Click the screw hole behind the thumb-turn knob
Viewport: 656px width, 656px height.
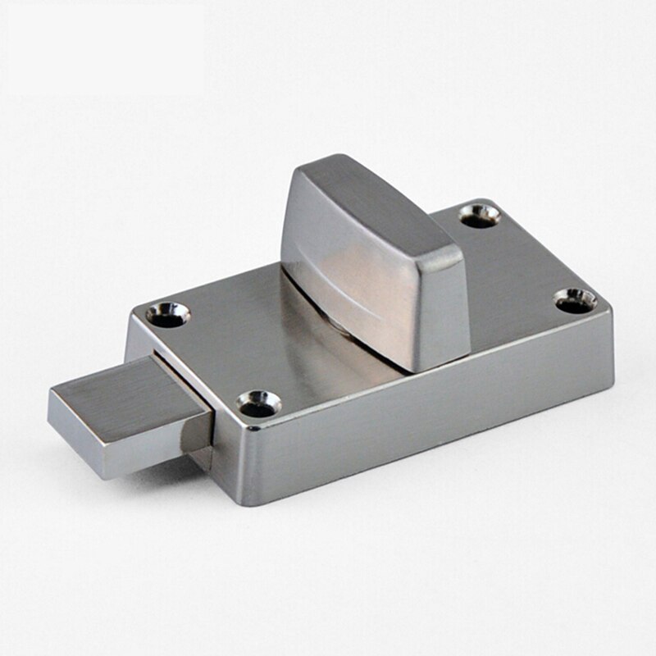(480, 216)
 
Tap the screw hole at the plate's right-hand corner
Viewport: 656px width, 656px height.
(576, 300)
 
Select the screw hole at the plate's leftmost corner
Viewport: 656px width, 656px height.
(168, 315)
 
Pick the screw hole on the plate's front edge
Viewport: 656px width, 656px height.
(260, 403)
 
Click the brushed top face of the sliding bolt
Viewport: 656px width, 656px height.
(123, 392)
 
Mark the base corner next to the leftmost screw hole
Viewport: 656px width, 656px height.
(136, 316)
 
